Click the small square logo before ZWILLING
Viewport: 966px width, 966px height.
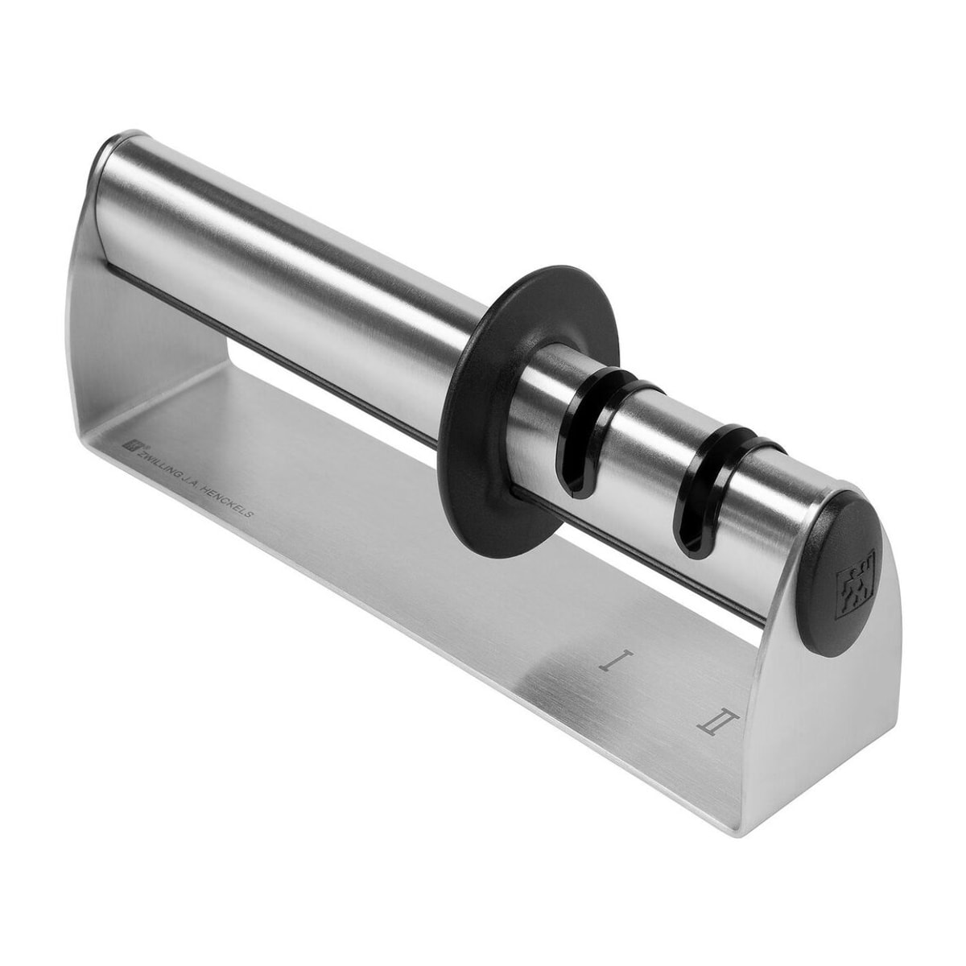pos(131,442)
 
